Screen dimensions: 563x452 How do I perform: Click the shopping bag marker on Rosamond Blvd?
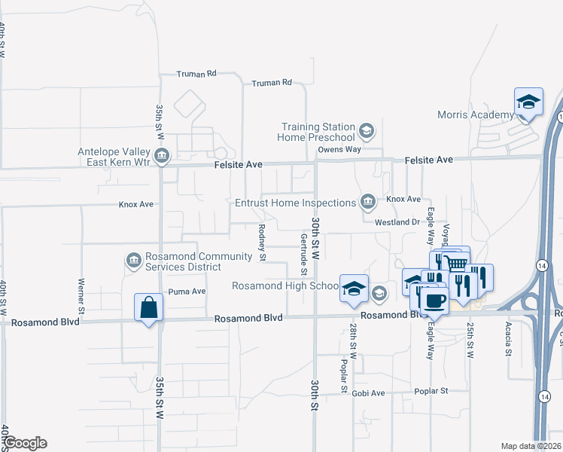pos(148,307)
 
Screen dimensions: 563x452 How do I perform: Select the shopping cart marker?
pos(454,263)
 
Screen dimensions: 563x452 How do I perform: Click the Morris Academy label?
pos(476,115)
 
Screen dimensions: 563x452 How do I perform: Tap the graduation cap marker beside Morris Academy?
pos(528,102)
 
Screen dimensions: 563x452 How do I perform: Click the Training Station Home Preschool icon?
pos(367,132)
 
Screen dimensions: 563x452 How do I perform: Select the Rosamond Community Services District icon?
pos(133,261)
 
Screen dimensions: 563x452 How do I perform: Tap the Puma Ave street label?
pos(187,292)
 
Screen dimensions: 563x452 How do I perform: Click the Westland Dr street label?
pos(397,222)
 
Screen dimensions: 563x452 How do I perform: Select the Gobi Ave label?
pos(367,393)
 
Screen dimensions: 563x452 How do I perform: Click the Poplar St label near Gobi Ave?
pos(433,391)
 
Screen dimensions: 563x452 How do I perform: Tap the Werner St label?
pos(81,296)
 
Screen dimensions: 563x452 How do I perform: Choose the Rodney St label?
pos(262,243)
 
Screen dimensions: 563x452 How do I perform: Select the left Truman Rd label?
pos(196,74)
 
